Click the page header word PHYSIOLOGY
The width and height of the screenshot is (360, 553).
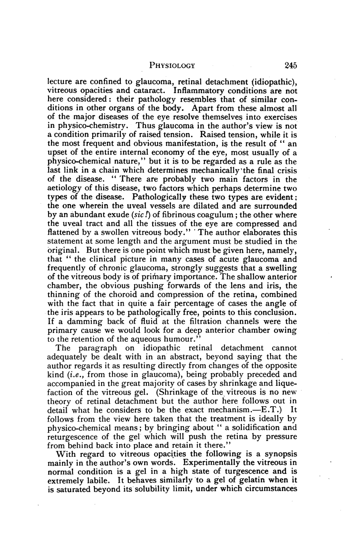[x=172, y=66]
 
